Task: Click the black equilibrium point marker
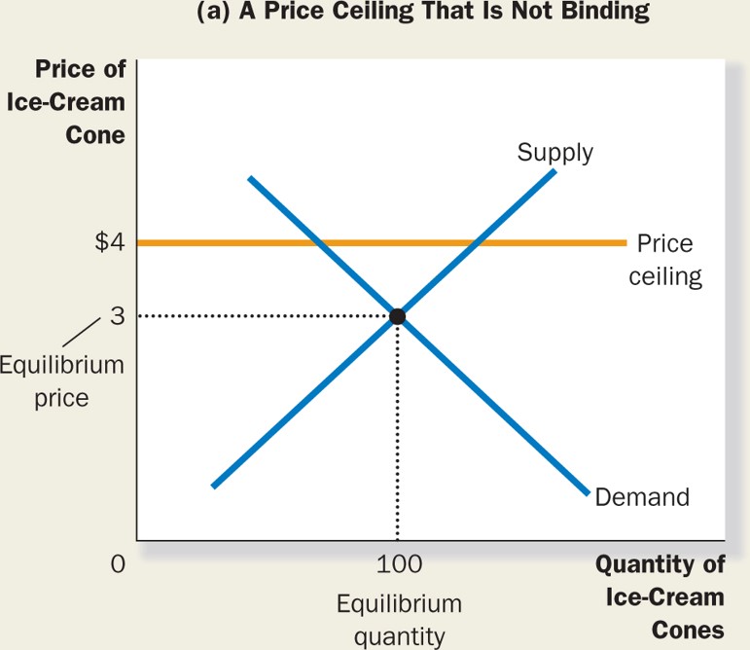[397, 316]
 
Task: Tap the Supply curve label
[554, 152]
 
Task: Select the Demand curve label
[641, 497]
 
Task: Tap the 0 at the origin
[118, 564]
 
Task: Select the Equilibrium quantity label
[399, 620]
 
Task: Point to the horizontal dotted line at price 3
[263, 316]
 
